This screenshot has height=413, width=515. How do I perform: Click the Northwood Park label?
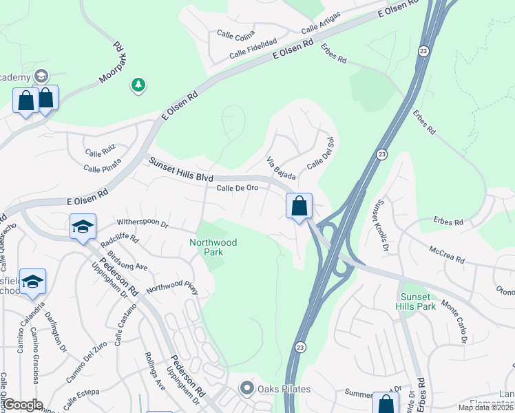point(213,247)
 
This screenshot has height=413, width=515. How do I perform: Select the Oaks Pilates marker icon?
point(247,389)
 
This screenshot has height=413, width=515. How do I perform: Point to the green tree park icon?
point(138,85)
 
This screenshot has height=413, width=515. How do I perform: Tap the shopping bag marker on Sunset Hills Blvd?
point(299,206)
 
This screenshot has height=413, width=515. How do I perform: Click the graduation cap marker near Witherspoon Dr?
point(83,226)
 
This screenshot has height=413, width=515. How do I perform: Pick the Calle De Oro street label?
point(238,188)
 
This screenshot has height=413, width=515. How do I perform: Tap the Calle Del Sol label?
point(320,155)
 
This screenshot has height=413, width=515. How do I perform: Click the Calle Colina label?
point(235,32)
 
